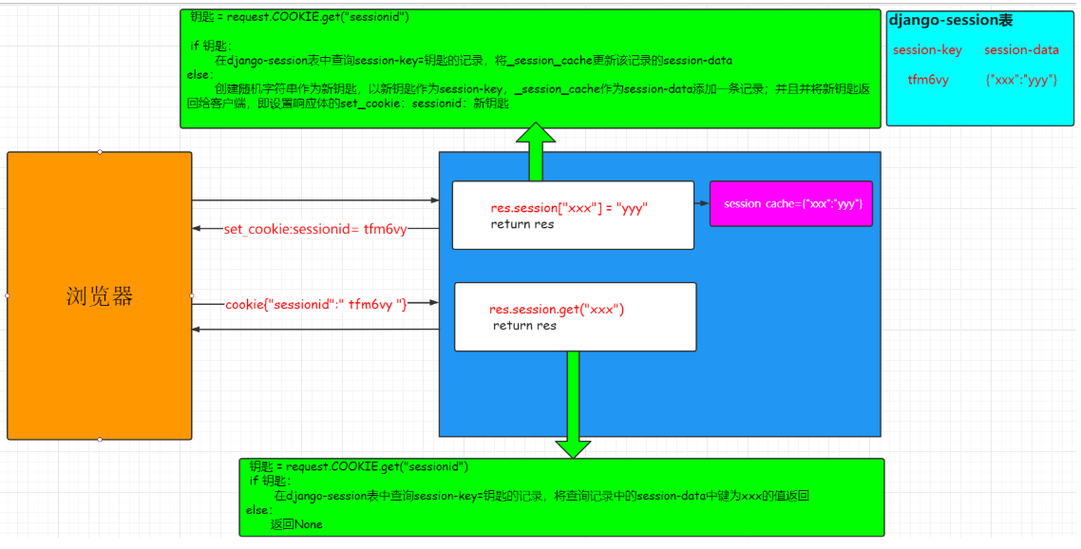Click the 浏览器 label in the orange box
(x=99, y=296)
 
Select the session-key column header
(x=927, y=50)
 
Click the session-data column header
(x=1021, y=50)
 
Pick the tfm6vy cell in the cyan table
(x=928, y=80)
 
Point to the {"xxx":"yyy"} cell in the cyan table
(x=1022, y=80)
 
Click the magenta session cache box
(x=790, y=203)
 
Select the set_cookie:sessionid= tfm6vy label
(x=314, y=229)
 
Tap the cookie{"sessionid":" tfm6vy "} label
(x=315, y=304)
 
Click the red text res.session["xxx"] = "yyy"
(x=569, y=208)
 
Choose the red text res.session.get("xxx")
(x=557, y=310)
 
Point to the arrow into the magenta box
(x=702, y=203)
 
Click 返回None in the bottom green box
(x=295, y=524)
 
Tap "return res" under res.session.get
(x=524, y=326)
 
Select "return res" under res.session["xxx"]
(x=522, y=225)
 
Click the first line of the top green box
(x=299, y=17)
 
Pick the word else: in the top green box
(x=200, y=74)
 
